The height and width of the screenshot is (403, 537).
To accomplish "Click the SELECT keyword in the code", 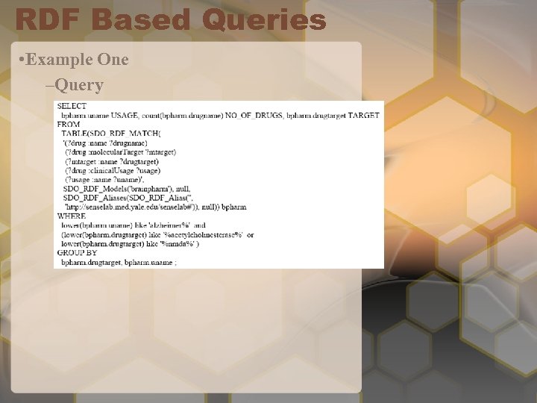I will pyautogui.click(x=72, y=106).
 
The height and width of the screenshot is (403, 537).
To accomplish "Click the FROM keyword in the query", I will pyautogui.click(x=69, y=124).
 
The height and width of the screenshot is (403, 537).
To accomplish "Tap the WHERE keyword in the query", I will pyautogui.click(x=72, y=216).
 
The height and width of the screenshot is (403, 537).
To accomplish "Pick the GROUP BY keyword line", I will pyautogui.click(x=78, y=253).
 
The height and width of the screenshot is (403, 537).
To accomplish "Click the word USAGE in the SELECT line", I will pyautogui.click(x=124, y=115).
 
